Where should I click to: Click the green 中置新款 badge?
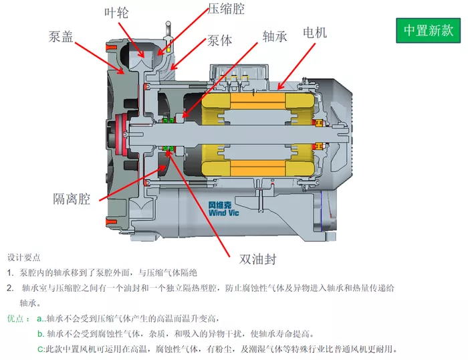click(428, 31)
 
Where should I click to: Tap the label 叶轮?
click(116, 13)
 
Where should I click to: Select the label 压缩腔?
click(226, 9)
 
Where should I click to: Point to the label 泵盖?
click(61, 36)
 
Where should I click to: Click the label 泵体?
click(220, 41)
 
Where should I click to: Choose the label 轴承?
click(275, 36)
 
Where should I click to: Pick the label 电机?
click(315, 32)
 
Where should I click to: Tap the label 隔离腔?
click(72, 199)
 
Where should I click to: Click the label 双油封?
click(258, 259)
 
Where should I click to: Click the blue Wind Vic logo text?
click(223, 213)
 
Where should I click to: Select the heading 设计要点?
click(24, 257)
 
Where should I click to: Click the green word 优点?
click(15, 319)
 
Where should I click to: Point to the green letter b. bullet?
click(41, 334)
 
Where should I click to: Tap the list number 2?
click(10, 288)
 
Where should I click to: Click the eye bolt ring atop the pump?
click(168, 23)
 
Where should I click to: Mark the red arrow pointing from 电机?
click(296, 66)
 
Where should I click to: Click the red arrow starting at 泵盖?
click(100, 58)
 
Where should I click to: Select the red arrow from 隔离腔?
click(132, 183)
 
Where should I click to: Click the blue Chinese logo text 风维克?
click(220, 205)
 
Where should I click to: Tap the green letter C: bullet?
click(41, 349)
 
